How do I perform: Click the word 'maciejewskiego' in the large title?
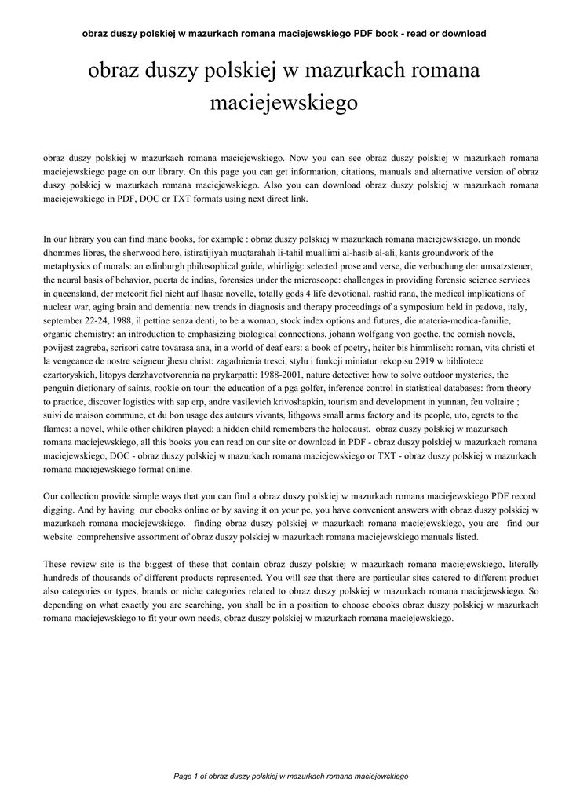pyautogui.click(x=284, y=102)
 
